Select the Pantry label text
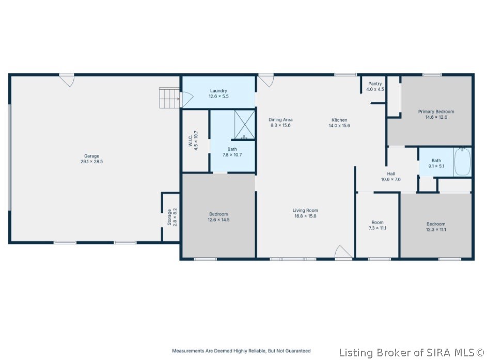[x=375, y=84]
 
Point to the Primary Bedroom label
[x=436, y=112]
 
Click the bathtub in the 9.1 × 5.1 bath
[x=462, y=162]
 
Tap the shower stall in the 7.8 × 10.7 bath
[x=244, y=125]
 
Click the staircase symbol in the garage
[x=169, y=98]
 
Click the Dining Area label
[x=280, y=120]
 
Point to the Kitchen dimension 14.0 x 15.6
[x=339, y=126]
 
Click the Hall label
[x=391, y=174]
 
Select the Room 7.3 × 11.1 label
[x=378, y=225]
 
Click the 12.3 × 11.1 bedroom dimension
[x=436, y=229]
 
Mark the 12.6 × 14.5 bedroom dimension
[x=218, y=220]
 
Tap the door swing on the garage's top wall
[x=67, y=80]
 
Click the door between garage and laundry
[x=186, y=99]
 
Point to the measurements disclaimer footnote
[x=241, y=351]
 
